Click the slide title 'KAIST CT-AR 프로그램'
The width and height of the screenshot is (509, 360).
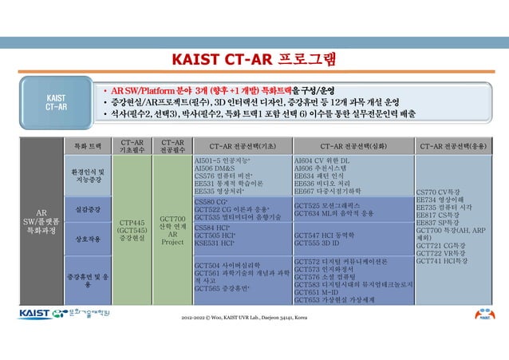point(254,61)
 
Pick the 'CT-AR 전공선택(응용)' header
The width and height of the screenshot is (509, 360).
point(456,146)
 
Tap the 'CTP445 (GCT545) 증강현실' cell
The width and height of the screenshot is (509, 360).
point(131,227)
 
